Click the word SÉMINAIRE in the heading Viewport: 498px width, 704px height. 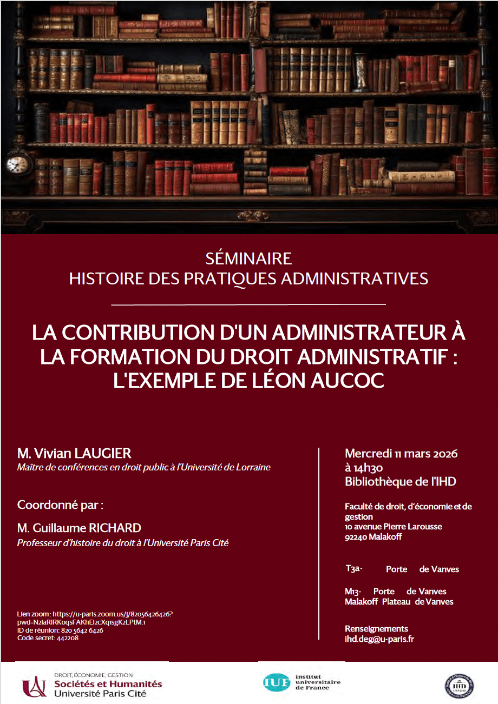click(249, 257)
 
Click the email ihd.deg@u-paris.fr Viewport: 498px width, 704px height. click(379, 639)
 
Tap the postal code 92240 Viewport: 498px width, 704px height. click(356, 537)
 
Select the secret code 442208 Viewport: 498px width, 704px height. click(63, 638)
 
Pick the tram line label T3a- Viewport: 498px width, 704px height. click(353, 569)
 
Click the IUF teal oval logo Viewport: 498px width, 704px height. click(276, 682)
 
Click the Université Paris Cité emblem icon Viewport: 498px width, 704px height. click(34, 686)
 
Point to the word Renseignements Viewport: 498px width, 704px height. click(376, 629)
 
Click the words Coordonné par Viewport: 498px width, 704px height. click(60, 505)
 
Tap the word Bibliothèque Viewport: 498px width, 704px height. click(373, 481)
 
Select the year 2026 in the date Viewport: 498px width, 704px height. click(443, 454)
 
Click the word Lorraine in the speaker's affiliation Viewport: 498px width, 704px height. click(252, 467)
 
